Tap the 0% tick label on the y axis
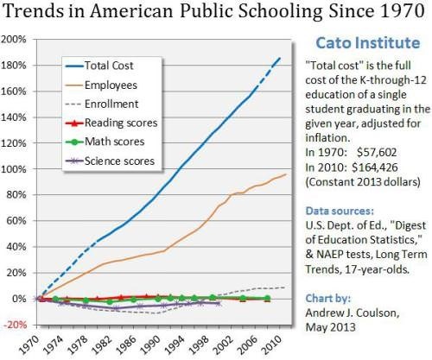[21, 298]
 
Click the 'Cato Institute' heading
[360, 41]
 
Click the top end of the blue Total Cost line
[282, 57]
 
